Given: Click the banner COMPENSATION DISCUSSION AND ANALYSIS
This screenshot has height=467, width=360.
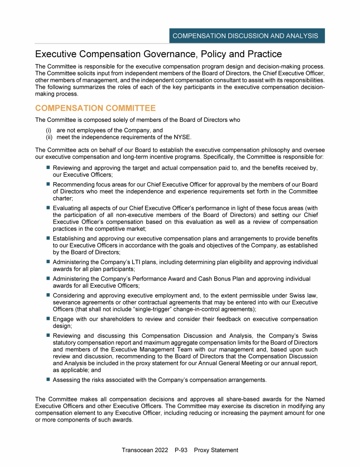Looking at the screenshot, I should point(245,36).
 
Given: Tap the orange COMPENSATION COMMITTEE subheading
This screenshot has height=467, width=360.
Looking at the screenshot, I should point(95,109).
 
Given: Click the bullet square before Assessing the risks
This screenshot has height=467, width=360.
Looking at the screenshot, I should point(48,379).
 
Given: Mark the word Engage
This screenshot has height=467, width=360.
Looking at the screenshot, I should point(63,319).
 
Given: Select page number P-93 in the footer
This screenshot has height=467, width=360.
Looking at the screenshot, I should point(180,450).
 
